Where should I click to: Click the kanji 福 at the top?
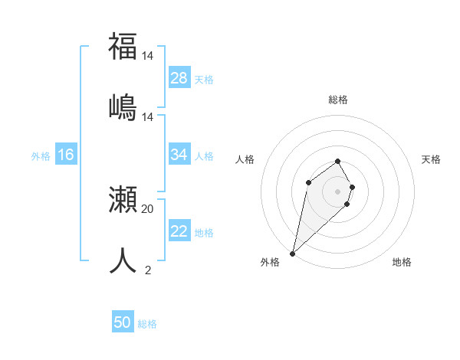(x=123, y=46)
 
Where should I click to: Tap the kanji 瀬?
(x=123, y=201)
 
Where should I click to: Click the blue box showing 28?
(x=179, y=78)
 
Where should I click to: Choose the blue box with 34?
(x=179, y=155)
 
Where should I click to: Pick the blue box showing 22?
(x=179, y=231)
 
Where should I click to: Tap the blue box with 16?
(x=66, y=155)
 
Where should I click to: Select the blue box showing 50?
(x=123, y=322)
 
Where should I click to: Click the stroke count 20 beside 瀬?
(x=147, y=208)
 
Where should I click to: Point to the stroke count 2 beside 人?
(x=147, y=269)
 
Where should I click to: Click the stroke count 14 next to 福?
(x=147, y=56)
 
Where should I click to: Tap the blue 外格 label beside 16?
(x=41, y=155)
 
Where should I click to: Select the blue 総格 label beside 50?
(x=147, y=324)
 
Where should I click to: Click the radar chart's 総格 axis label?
(x=338, y=100)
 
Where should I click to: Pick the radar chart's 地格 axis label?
(x=402, y=262)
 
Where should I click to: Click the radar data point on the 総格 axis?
(x=338, y=161)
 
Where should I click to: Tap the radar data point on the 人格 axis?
(x=308, y=182)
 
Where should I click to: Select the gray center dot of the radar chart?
(x=338, y=191)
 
